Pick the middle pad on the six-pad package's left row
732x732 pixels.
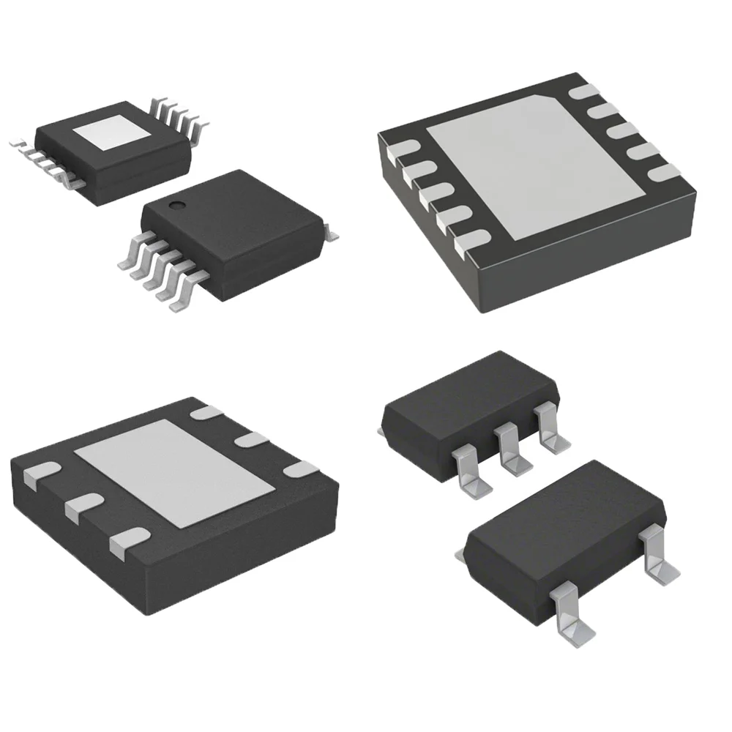pyautogui.click(x=81, y=506)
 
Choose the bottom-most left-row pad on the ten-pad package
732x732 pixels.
pyautogui.click(x=469, y=244)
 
